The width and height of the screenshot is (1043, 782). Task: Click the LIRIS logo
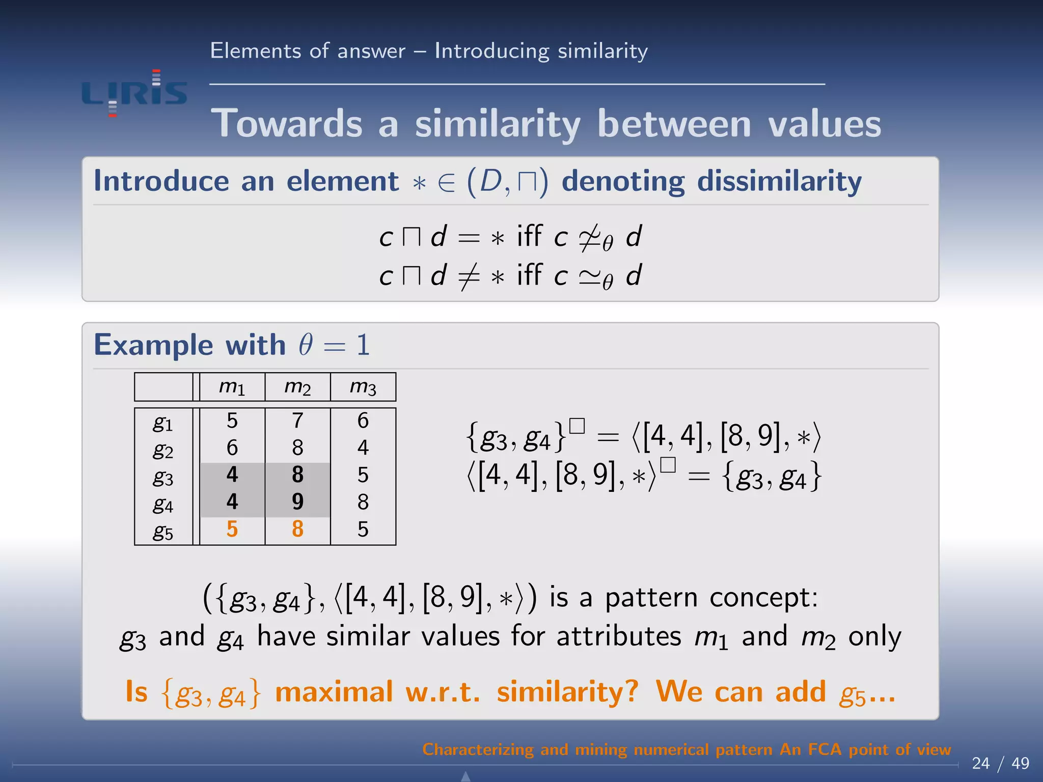point(134,93)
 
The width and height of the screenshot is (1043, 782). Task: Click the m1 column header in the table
point(232,387)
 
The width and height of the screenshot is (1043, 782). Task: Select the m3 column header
point(363,387)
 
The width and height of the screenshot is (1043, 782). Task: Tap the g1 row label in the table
point(163,423)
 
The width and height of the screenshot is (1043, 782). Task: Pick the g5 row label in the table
point(163,531)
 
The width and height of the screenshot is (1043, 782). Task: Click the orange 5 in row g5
point(232,529)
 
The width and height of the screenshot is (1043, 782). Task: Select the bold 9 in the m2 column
point(298,501)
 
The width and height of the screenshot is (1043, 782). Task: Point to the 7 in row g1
point(298,421)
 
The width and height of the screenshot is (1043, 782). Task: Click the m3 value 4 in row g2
point(363,448)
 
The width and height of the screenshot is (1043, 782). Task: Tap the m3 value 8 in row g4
point(363,502)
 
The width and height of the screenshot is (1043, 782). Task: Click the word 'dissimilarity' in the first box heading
point(779,182)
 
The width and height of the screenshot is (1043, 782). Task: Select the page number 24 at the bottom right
point(980,763)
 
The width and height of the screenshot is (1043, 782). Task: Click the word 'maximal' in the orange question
point(334,692)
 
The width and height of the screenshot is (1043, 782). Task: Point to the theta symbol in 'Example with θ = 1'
point(306,345)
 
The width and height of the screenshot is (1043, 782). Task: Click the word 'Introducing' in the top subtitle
point(491,51)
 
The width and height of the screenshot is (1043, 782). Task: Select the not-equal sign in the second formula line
point(469,276)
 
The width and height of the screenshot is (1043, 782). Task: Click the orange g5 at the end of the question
point(852,693)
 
